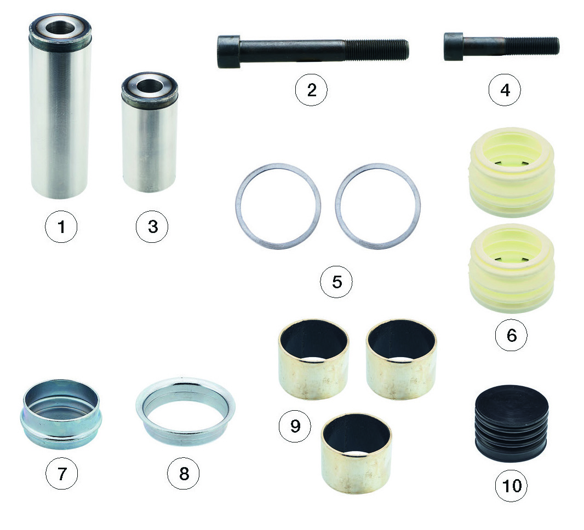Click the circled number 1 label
(61, 226)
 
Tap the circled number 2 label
(311, 90)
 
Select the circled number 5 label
(337, 282)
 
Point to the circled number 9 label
(295, 426)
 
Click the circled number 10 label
(511, 485)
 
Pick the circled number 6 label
(511, 335)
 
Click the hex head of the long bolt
(228, 52)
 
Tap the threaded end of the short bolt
(533, 46)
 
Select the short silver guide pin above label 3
(150, 132)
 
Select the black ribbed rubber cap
(511, 423)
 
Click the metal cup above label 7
(61, 415)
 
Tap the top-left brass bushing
(314, 359)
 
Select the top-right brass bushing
(402, 359)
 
